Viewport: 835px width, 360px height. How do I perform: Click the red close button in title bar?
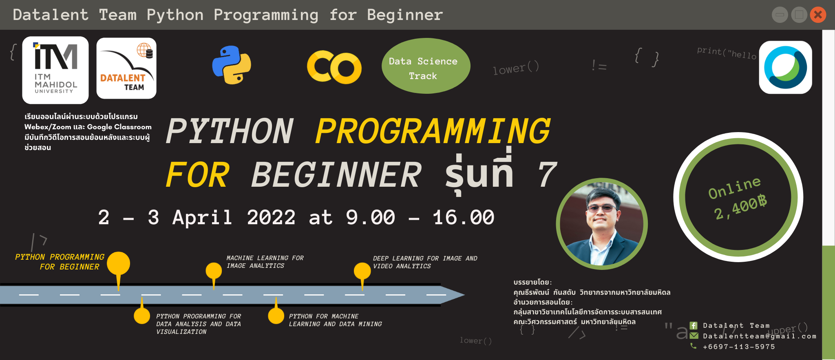[x=818, y=15]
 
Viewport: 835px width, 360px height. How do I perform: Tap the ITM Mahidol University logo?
[x=55, y=70]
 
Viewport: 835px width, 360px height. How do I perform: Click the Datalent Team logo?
[x=126, y=68]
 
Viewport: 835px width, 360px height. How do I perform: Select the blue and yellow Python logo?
[x=232, y=65]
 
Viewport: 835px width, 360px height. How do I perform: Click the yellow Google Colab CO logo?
[x=334, y=67]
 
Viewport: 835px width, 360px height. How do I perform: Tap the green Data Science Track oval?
[x=426, y=66]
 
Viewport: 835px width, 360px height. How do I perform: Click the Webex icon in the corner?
[x=785, y=68]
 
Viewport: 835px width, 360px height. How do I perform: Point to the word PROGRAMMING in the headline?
[x=433, y=131]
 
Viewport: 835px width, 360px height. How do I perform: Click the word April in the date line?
[x=202, y=217]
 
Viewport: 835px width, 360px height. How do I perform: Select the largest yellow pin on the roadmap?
[x=119, y=264]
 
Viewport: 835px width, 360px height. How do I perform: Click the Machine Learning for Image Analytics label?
[x=265, y=262]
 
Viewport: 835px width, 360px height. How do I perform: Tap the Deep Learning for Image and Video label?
[x=425, y=262]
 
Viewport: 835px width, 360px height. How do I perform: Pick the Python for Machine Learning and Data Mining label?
[x=335, y=320]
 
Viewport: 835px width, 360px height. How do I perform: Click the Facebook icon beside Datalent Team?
[x=694, y=325]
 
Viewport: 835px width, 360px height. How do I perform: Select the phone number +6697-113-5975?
[x=739, y=347]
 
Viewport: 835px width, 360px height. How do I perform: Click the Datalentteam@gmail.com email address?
[x=760, y=336]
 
